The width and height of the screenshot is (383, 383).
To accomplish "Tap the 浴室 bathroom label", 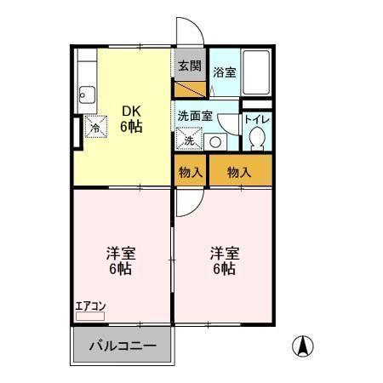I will pyautogui.click(x=225, y=72).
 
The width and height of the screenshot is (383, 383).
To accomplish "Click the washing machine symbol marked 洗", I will pyautogui.click(x=187, y=137).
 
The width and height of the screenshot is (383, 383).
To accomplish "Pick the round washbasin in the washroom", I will pyautogui.click(x=216, y=142).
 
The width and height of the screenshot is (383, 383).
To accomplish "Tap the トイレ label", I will pyautogui.click(x=257, y=119).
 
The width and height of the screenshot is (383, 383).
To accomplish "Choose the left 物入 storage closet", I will pyautogui.click(x=191, y=172).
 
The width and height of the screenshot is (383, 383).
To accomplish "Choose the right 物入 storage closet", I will pyautogui.click(x=240, y=172).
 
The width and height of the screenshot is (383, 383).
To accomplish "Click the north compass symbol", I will pyautogui.click(x=303, y=346).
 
